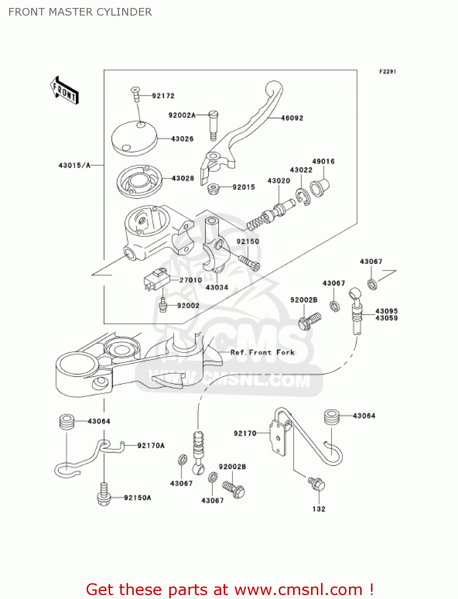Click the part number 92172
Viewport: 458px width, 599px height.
pos(163,96)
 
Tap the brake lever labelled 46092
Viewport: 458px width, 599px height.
pos(256,120)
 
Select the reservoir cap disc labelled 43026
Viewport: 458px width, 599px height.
pos(134,138)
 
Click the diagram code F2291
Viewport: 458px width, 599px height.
pos(387,71)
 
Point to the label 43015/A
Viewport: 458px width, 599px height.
pos(75,165)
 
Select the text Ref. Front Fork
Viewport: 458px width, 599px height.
pos(262,353)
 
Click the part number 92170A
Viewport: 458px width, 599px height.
pos(151,446)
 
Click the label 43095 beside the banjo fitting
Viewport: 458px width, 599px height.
pos(386,311)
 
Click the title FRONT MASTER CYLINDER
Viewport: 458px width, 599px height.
pos(80,12)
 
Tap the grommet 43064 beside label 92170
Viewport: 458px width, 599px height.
pos(331,417)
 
